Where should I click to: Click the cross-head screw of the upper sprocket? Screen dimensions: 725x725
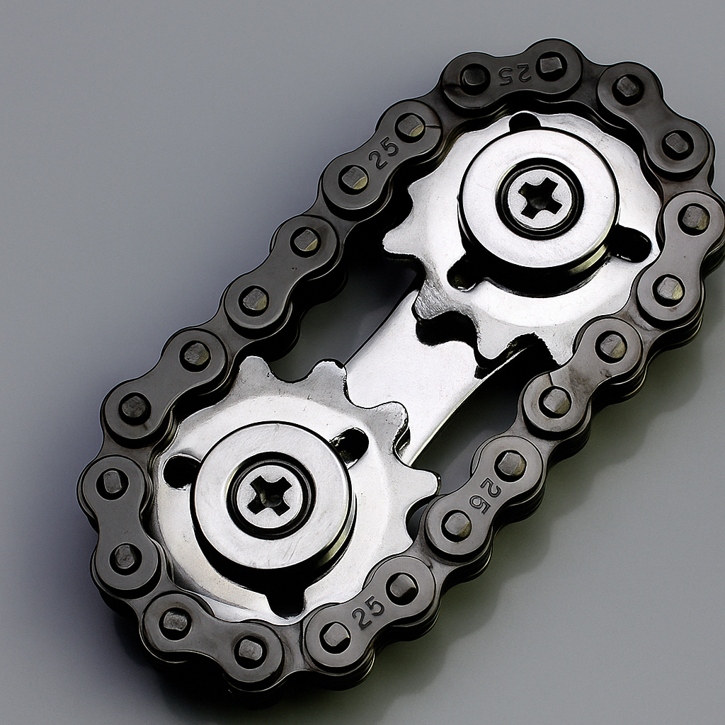(540, 198)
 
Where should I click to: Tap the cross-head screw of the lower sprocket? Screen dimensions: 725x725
(270, 494)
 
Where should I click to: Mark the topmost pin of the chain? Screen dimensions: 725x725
(551, 66)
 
